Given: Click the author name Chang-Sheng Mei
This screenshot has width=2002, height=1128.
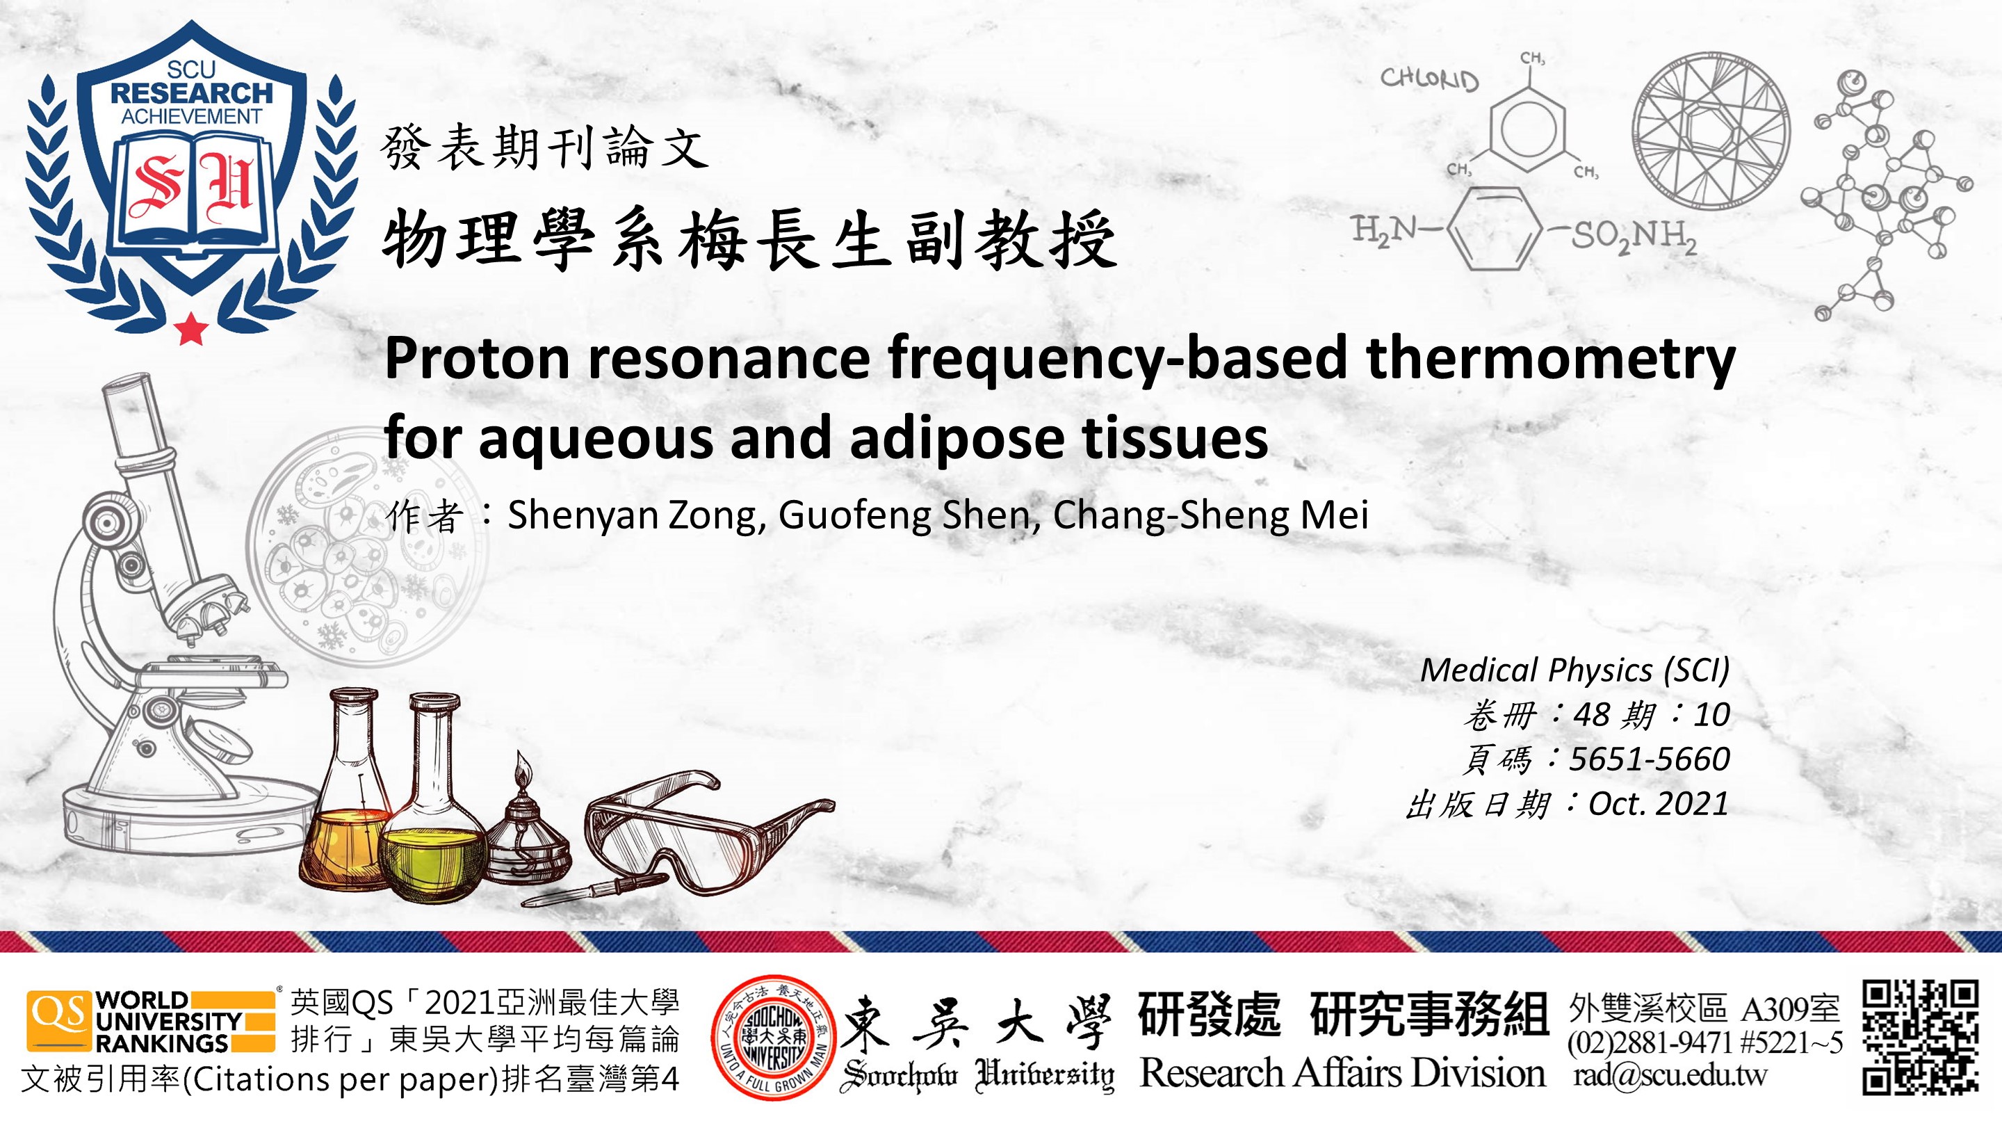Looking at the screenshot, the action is (x=1210, y=515).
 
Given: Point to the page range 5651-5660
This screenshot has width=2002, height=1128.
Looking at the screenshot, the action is (x=1649, y=759).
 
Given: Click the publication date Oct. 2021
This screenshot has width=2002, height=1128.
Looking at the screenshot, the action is (x=1659, y=803).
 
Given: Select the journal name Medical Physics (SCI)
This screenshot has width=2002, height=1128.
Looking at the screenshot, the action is (x=1574, y=670).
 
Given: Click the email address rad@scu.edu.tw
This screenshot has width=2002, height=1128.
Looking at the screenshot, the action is (x=1670, y=1074).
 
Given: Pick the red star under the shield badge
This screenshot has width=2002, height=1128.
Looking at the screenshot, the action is (x=191, y=328).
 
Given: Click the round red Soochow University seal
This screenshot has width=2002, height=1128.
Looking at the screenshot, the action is (x=773, y=1037).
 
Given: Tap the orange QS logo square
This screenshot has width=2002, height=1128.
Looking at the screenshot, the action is (x=59, y=1021).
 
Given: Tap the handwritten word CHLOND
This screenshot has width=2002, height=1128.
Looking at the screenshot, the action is (x=1429, y=79).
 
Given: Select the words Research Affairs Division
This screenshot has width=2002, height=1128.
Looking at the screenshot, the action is (x=1342, y=1073).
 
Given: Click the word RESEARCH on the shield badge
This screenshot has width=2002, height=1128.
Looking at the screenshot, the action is (x=191, y=93).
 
